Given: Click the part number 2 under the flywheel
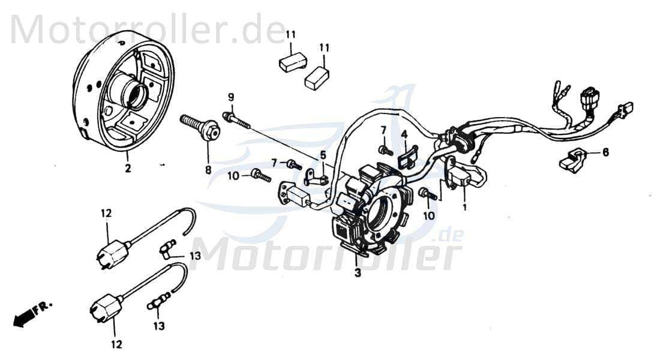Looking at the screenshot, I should [x=127, y=170].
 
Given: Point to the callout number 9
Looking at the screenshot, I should [x=230, y=97].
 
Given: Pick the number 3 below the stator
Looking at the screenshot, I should [x=358, y=274].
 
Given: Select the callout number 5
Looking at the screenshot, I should [x=323, y=155].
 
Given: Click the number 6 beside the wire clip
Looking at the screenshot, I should [x=605, y=153].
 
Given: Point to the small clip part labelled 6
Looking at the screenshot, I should [x=573, y=160].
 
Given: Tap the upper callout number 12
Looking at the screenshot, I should [x=106, y=213].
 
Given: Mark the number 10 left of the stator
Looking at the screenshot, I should [x=234, y=175].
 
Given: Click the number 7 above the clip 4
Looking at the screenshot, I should [x=383, y=130].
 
